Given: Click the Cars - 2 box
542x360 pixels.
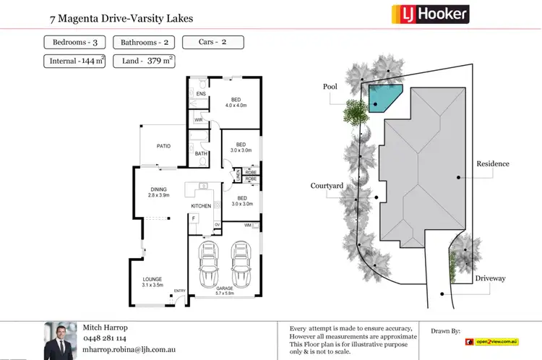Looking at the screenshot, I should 212,42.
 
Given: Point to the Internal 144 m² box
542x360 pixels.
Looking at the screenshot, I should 74,61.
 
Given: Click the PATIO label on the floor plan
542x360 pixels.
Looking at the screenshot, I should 163,146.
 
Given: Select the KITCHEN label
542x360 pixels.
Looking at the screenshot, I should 201,206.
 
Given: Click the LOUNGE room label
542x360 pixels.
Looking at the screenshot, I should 152,279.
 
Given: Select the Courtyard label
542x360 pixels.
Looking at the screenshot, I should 327,186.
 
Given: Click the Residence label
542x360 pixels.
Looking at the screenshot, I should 492,163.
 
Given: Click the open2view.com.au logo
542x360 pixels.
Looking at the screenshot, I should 492,340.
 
